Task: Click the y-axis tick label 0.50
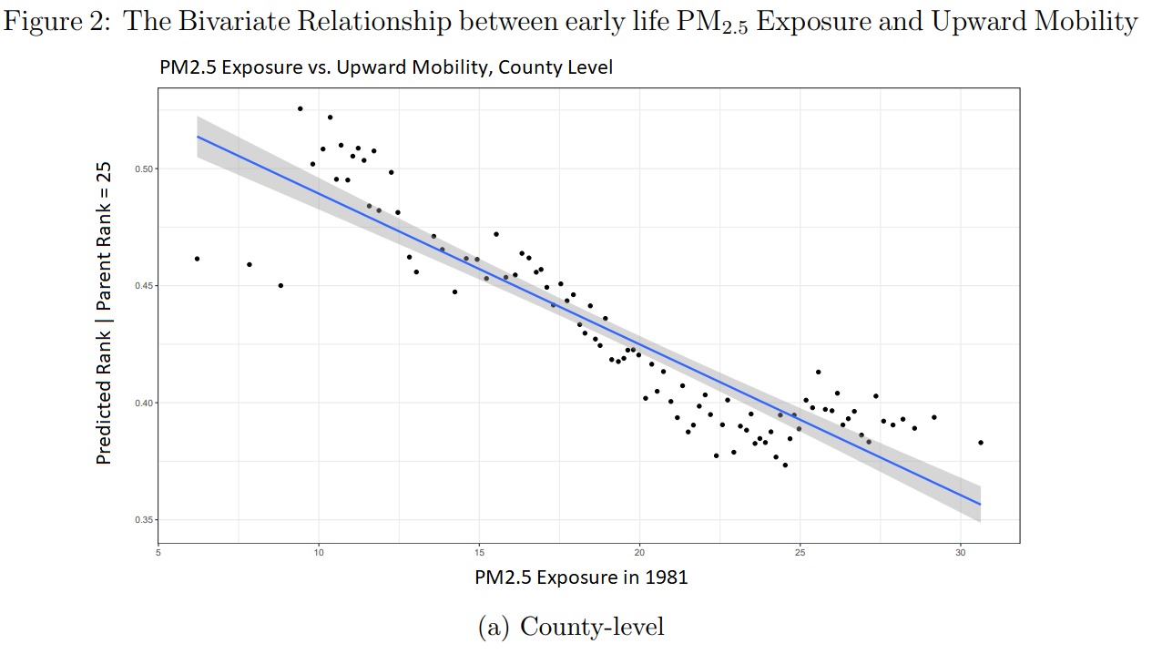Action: pos(143,169)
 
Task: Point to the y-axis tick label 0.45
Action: pos(143,286)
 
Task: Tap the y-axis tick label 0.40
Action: pos(143,403)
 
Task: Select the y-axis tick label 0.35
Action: pos(143,519)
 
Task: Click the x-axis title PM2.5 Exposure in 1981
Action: pos(581,577)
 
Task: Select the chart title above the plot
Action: pos(386,67)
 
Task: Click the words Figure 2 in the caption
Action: pos(56,22)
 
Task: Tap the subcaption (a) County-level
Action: pos(571,627)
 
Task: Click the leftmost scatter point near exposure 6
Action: pos(197,259)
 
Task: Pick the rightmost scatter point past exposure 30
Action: pos(981,443)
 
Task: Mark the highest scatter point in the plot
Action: pos(300,108)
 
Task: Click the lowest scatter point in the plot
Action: pos(785,465)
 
